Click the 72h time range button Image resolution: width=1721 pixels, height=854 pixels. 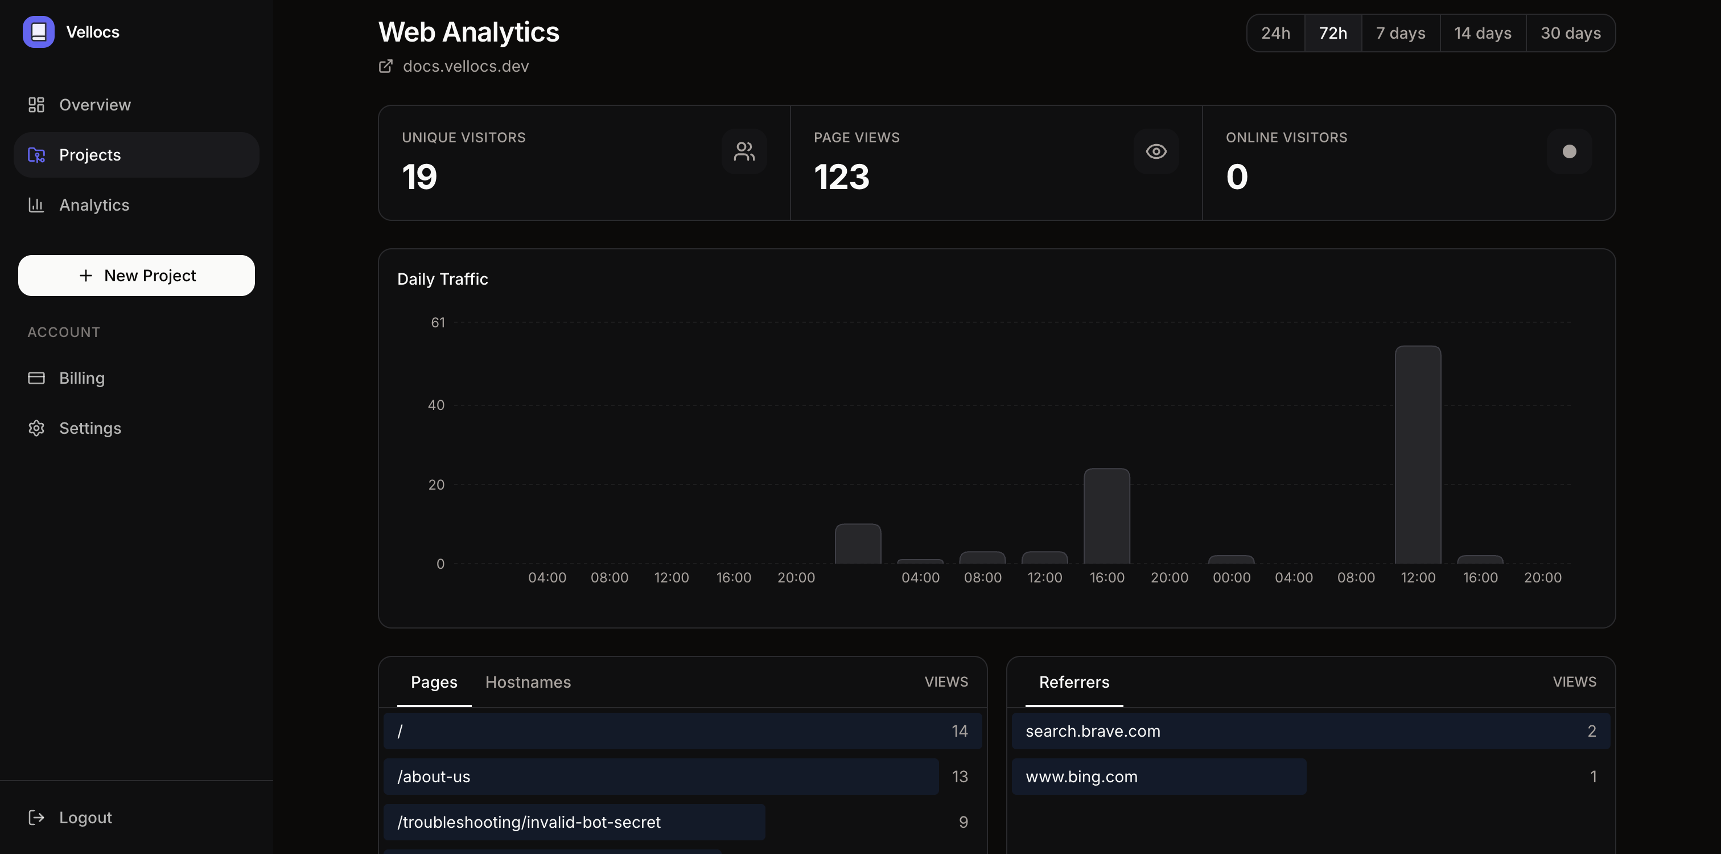click(x=1333, y=33)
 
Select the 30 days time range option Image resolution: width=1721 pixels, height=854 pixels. click(x=1570, y=33)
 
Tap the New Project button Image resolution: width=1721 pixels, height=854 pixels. click(x=136, y=276)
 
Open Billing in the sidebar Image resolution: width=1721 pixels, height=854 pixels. click(x=81, y=378)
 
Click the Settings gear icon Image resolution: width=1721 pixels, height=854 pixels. click(x=36, y=428)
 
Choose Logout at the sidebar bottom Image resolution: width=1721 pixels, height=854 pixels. click(x=85, y=817)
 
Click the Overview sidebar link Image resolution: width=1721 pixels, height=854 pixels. click(x=94, y=105)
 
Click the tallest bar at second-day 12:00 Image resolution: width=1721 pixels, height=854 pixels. click(x=1418, y=454)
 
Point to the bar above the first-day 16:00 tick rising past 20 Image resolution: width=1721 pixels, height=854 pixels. click(x=1106, y=516)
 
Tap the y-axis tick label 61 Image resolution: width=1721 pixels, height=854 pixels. click(x=438, y=323)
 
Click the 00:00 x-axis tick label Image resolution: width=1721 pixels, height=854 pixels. click(x=1232, y=577)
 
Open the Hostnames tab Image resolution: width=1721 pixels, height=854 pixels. click(x=528, y=682)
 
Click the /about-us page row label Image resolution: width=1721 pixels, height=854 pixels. click(x=434, y=777)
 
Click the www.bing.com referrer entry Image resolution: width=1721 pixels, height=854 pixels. click(x=1081, y=777)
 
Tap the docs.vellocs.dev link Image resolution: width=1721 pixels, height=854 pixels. click(x=466, y=66)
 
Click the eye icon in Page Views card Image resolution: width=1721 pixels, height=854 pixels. click(x=1156, y=151)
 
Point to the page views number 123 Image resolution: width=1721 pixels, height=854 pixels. click(x=841, y=177)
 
